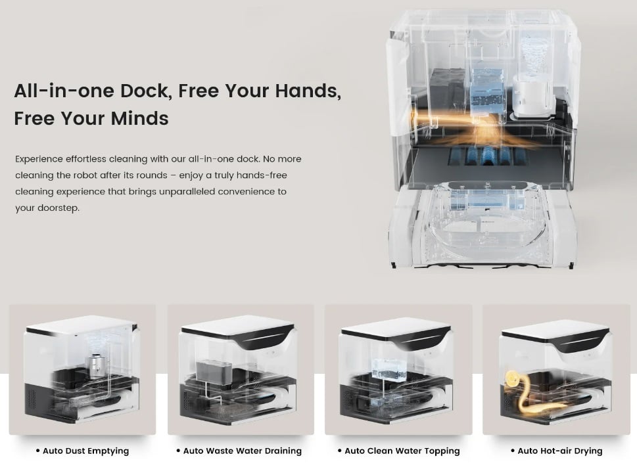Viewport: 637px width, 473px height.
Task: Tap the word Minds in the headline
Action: click(140, 118)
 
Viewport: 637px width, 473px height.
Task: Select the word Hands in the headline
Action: click(308, 91)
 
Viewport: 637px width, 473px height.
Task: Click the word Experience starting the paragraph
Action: click(39, 159)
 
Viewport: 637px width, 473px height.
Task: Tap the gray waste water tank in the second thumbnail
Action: click(214, 371)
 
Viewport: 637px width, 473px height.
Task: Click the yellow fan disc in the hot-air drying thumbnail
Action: click(511, 379)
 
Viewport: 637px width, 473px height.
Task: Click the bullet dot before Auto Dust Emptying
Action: click(38, 451)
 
